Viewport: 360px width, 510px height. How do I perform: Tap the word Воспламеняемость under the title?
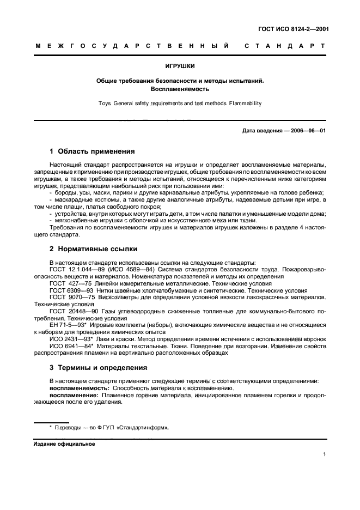coord(180,89)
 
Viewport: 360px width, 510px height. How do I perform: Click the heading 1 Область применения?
coord(92,151)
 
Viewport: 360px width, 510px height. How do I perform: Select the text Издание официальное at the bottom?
coord(64,444)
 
